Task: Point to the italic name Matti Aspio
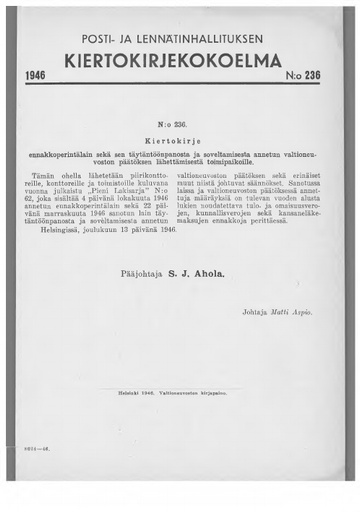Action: pyautogui.click(x=294, y=314)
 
